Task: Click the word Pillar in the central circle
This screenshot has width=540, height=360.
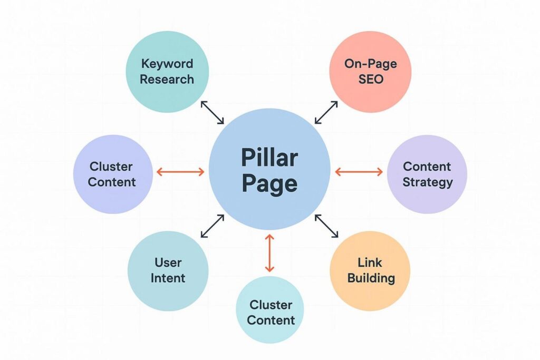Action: [x=269, y=158]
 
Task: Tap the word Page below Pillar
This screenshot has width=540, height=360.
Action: [x=269, y=183]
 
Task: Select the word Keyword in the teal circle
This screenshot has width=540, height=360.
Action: [x=167, y=64]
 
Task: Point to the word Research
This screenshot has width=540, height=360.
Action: [x=167, y=80]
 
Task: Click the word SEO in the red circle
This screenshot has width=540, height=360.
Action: [x=370, y=80]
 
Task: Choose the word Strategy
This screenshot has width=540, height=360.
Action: [x=427, y=182]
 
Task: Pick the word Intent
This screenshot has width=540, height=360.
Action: [x=168, y=278]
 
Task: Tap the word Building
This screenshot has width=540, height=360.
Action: [x=371, y=278]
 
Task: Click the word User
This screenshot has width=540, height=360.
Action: [x=168, y=262]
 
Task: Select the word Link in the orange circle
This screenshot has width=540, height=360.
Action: [x=370, y=262]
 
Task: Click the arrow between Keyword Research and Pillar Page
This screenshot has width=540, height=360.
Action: [x=213, y=113]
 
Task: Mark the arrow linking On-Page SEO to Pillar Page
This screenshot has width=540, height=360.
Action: [x=326, y=113]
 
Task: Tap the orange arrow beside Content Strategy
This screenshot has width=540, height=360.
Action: [x=359, y=171]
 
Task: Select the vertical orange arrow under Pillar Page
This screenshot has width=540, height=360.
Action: [x=269, y=254]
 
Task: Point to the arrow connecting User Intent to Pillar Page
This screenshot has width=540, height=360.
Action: [x=213, y=226]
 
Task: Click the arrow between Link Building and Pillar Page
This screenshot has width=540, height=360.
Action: [x=327, y=226]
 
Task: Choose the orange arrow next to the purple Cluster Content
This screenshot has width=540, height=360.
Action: [x=180, y=171]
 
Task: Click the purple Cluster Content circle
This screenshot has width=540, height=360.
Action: [x=112, y=174]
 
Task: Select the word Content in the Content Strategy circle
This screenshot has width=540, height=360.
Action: [x=427, y=167]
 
